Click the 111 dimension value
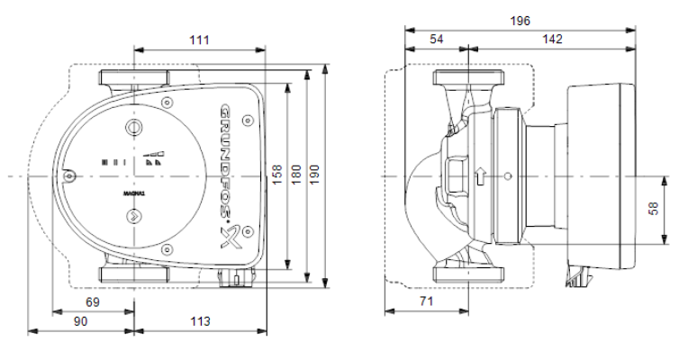coord(200,40)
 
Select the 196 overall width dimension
coord(520,21)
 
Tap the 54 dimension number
coord(436,39)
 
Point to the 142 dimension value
coord(552,39)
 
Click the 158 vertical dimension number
coord(277,174)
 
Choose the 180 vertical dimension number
coord(296,174)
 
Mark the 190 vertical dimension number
coord(314,174)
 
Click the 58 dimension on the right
coord(653,208)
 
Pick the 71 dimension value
coord(426,301)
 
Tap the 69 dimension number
coord(93,302)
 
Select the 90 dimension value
coord(80,321)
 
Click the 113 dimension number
coord(200,321)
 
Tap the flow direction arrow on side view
coord(481,175)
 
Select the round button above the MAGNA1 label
coord(134,128)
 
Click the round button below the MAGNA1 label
coord(133,215)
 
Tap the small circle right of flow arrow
coord(508,176)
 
